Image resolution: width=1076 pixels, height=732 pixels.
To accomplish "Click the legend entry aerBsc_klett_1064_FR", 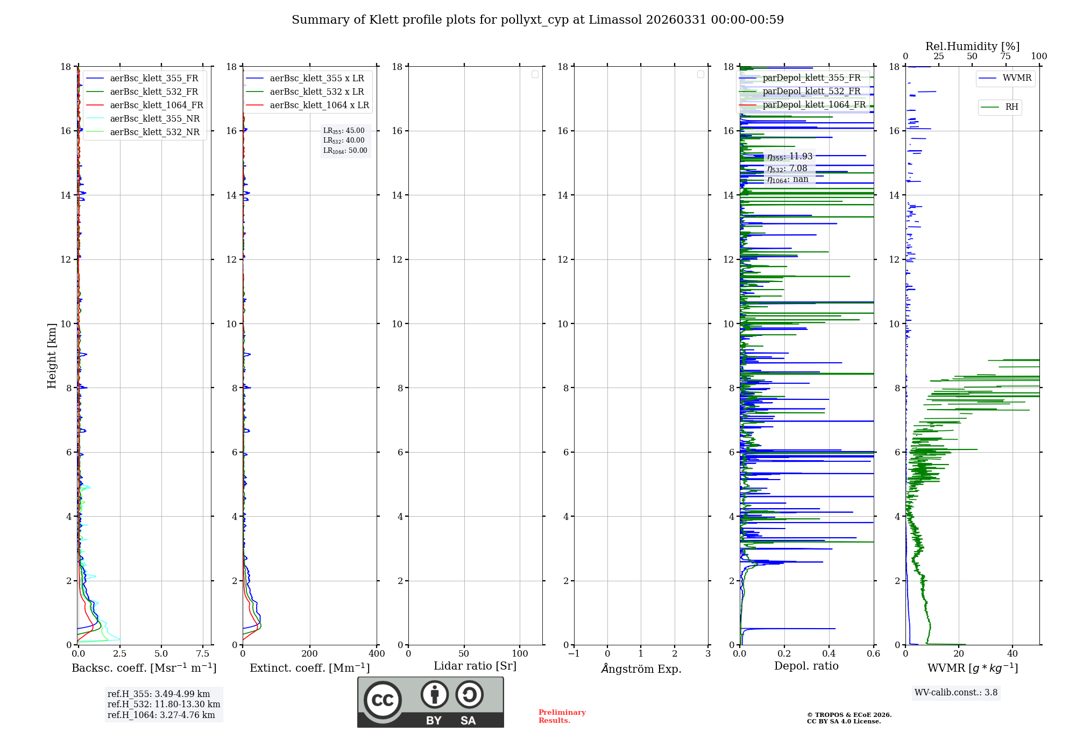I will click(x=157, y=105).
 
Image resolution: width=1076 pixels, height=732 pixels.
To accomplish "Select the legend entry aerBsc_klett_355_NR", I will click(x=154, y=119).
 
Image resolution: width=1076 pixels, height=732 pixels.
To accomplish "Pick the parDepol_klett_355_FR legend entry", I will click(x=811, y=78).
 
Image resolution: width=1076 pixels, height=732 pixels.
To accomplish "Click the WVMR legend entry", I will click(x=1017, y=78).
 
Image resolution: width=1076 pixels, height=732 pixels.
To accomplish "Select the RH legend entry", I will click(x=1011, y=107).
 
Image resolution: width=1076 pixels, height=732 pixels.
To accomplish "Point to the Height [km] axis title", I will click(x=52, y=356).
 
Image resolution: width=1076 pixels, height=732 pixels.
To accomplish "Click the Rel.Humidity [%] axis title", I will click(x=972, y=46).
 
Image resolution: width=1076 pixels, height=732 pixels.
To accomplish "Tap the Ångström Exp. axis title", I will click(x=641, y=668).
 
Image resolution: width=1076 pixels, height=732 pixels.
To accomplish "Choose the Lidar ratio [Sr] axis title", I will click(x=475, y=666).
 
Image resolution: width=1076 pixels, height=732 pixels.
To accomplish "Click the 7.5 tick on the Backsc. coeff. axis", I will click(x=203, y=654).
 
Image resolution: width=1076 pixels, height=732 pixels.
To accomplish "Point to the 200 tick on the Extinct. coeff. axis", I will click(x=310, y=654).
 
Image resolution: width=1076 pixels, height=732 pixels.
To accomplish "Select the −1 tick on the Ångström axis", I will click(x=574, y=654).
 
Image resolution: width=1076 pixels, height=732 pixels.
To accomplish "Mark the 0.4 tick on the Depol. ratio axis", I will click(x=829, y=654).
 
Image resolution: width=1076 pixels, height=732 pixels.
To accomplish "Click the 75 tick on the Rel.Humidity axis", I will click(x=1006, y=57).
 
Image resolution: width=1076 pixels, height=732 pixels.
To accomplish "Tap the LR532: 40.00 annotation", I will click(x=344, y=140).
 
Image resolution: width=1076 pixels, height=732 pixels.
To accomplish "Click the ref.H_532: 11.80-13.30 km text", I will click(x=164, y=705).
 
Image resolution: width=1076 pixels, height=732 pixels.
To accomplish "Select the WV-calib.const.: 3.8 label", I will click(x=956, y=693).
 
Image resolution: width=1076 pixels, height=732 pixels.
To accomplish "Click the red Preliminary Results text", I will click(x=562, y=716).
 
